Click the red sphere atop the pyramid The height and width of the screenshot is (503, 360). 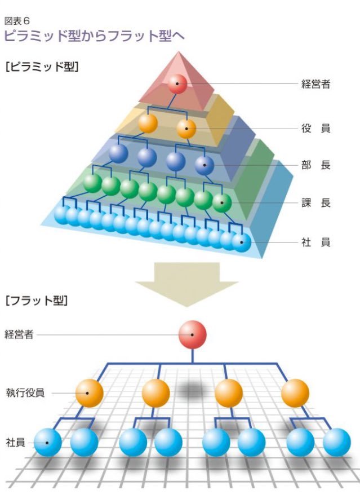point(177,83)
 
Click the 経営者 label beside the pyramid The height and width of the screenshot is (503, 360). point(315,84)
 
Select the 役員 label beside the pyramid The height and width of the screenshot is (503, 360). point(315,129)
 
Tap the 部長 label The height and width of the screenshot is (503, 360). point(315,165)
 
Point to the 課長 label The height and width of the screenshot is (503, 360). point(315,203)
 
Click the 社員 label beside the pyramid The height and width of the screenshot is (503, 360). point(315,242)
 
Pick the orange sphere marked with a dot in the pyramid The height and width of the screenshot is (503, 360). point(186,129)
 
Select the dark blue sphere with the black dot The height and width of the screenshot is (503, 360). point(204,166)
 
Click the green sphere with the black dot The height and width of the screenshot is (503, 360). point(222,203)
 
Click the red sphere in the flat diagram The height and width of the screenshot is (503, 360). point(192,334)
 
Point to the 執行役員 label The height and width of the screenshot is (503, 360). point(25,392)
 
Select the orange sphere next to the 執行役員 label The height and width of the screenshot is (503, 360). point(90,393)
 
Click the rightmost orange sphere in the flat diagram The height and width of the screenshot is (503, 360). point(295,393)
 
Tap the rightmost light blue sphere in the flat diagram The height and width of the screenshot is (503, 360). point(336,442)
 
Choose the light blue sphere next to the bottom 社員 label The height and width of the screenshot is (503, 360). point(48,442)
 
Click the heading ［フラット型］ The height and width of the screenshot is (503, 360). point(37,301)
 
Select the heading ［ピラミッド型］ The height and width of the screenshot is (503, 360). point(42,67)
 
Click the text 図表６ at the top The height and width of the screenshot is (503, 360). point(17,21)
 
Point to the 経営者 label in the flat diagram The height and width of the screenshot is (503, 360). point(19,334)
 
